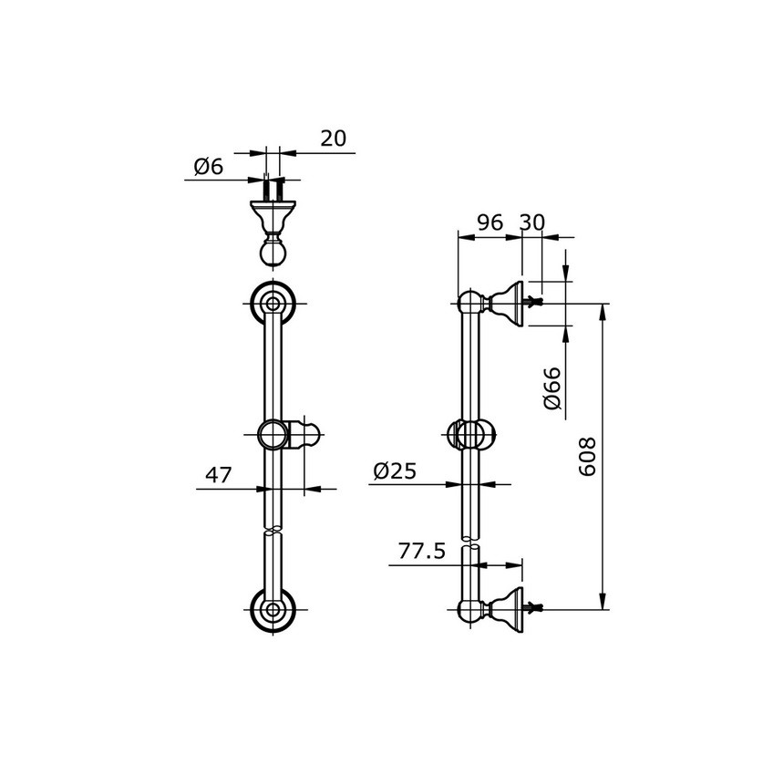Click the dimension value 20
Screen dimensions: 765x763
(333, 139)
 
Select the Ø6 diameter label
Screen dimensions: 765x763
(208, 167)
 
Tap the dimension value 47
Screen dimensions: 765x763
(218, 475)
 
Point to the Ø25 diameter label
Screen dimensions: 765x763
(395, 471)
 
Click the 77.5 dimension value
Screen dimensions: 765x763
(421, 552)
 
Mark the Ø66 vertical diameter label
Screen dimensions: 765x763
(552, 388)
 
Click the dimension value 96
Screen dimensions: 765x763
(490, 223)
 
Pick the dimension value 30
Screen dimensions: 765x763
(532, 223)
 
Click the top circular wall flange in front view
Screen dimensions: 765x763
(273, 304)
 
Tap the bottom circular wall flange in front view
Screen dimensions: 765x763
(273, 611)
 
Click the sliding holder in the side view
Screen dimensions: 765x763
(472, 436)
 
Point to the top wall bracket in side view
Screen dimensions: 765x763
(503, 303)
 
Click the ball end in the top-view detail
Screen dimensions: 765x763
(273, 253)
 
